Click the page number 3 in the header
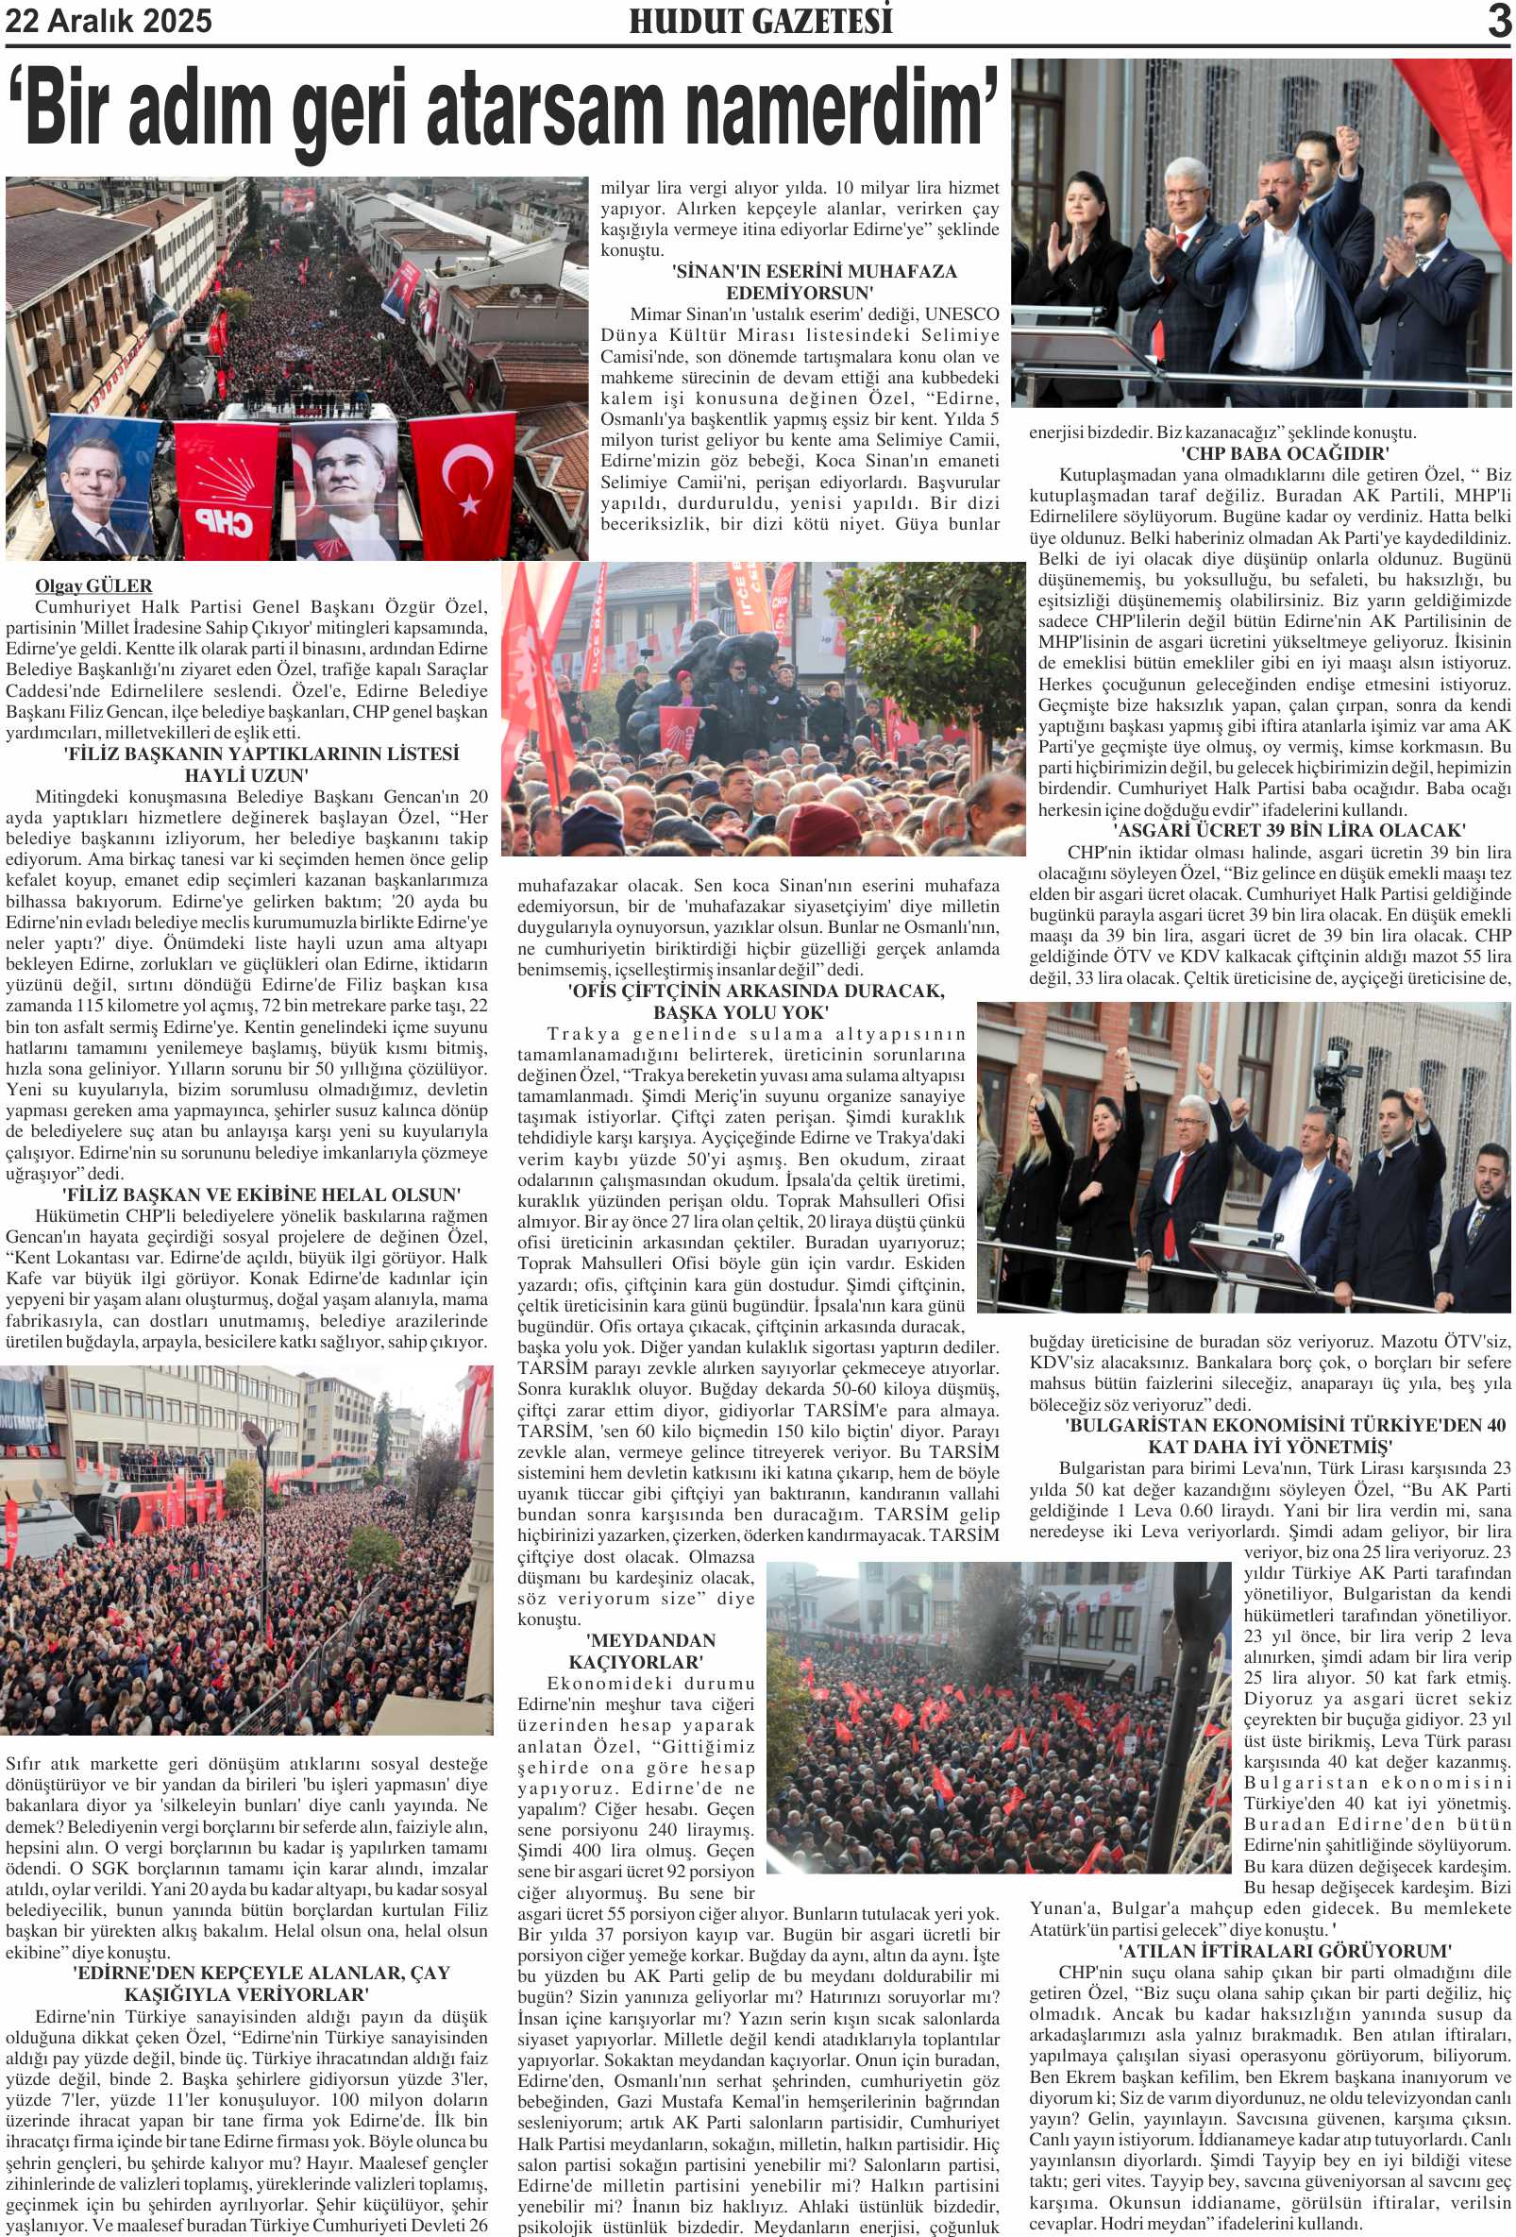1499,20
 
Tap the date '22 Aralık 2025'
109,21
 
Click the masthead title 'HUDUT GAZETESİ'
761,21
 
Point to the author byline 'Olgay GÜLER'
93,585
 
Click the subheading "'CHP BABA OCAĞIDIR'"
1284,453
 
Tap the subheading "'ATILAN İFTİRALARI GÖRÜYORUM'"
1284,1950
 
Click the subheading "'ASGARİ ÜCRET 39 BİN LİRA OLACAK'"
1289,831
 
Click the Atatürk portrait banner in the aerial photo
345,482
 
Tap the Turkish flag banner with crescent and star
463,482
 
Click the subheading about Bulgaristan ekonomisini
1284,1435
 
